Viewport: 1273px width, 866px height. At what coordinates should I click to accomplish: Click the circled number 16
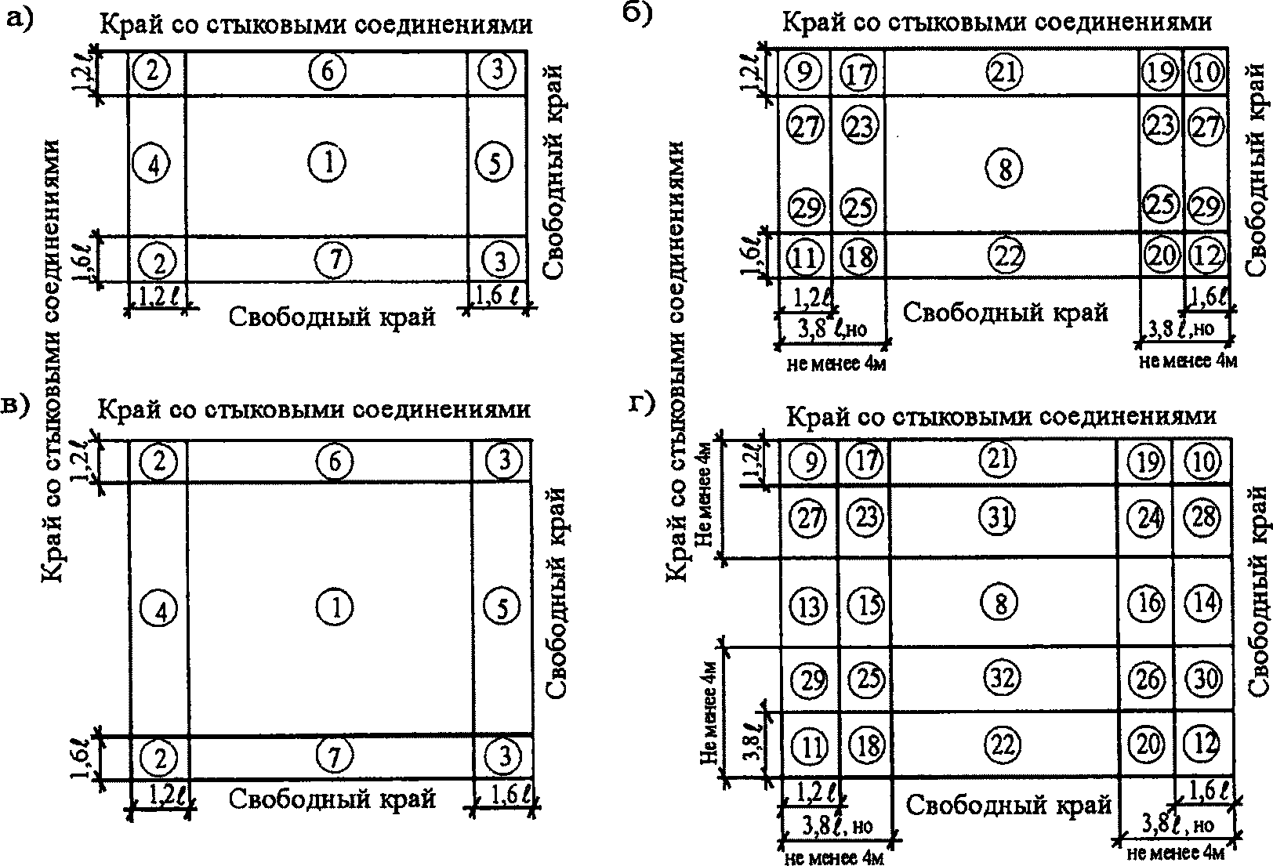coord(1147,603)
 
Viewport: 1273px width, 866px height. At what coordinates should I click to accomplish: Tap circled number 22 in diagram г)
coord(1003,744)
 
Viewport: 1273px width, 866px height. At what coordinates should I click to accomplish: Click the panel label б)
coord(641,16)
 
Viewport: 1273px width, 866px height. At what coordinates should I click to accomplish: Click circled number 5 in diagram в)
coord(502,607)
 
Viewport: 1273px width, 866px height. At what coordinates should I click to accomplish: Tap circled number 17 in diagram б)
coord(859,74)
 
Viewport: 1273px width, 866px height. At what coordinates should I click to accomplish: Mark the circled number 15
coord(865,605)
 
